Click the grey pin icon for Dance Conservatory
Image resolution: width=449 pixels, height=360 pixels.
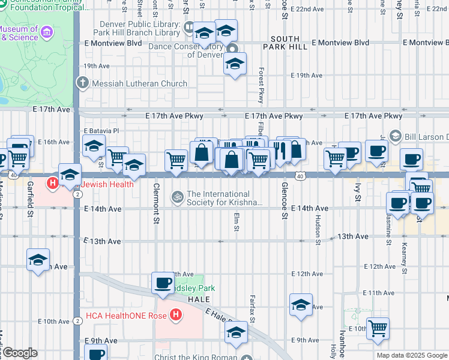(x=234, y=50)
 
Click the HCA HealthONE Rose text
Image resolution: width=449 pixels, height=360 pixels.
(x=127, y=315)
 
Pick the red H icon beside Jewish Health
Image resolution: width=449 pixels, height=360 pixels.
(x=53, y=184)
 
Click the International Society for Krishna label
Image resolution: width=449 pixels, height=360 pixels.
(x=225, y=198)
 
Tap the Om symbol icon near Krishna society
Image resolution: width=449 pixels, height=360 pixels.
(x=178, y=195)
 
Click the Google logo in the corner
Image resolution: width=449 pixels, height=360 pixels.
(x=20, y=352)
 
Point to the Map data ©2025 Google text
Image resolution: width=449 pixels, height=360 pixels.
(x=412, y=355)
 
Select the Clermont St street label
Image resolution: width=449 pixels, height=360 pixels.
(x=156, y=203)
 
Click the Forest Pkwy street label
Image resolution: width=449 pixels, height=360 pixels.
(x=261, y=85)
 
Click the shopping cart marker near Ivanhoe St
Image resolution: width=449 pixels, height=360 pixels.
(x=378, y=327)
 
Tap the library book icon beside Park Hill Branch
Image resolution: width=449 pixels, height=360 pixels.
(x=188, y=28)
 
